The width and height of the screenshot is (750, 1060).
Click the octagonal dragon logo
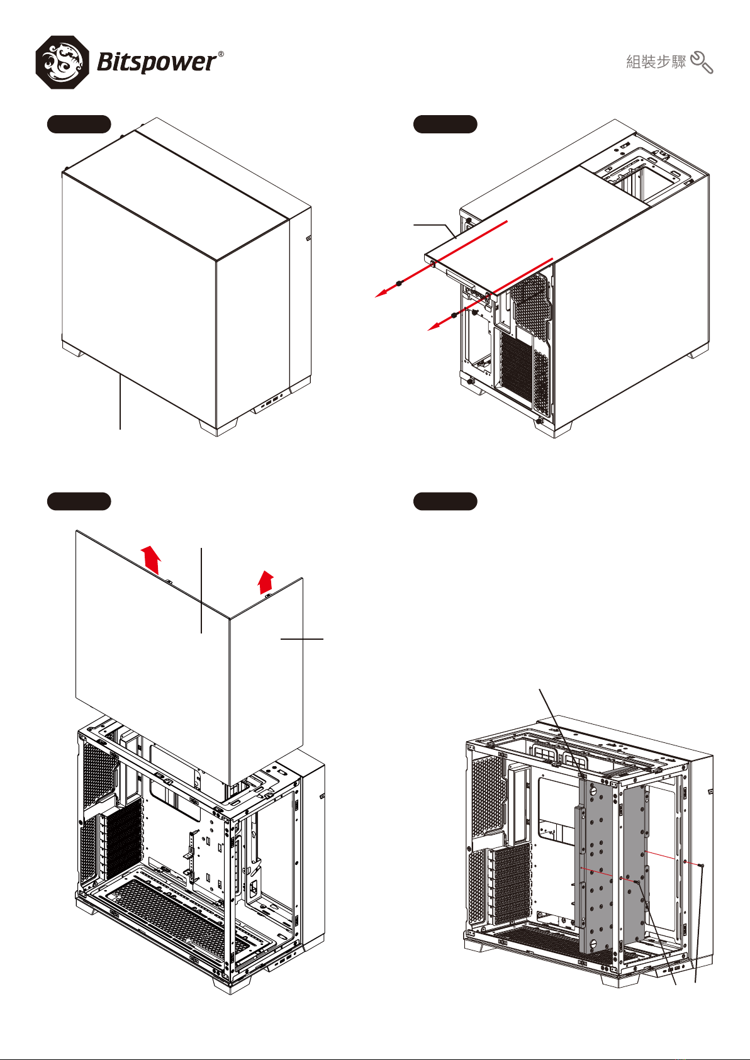[62, 62]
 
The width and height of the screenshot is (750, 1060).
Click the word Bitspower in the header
[156, 62]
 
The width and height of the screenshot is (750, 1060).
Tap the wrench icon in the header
[702, 62]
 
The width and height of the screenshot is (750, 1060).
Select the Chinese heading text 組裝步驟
[656, 62]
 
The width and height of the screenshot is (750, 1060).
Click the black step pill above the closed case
[79, 124]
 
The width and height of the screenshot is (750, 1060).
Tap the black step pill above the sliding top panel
[445, 124]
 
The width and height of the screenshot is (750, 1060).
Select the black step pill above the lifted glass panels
[79, 501]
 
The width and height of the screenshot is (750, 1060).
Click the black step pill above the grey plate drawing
[445, 501]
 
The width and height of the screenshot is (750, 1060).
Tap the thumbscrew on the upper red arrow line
[399, 283]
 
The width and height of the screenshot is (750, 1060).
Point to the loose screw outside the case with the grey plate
[701, 866]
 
